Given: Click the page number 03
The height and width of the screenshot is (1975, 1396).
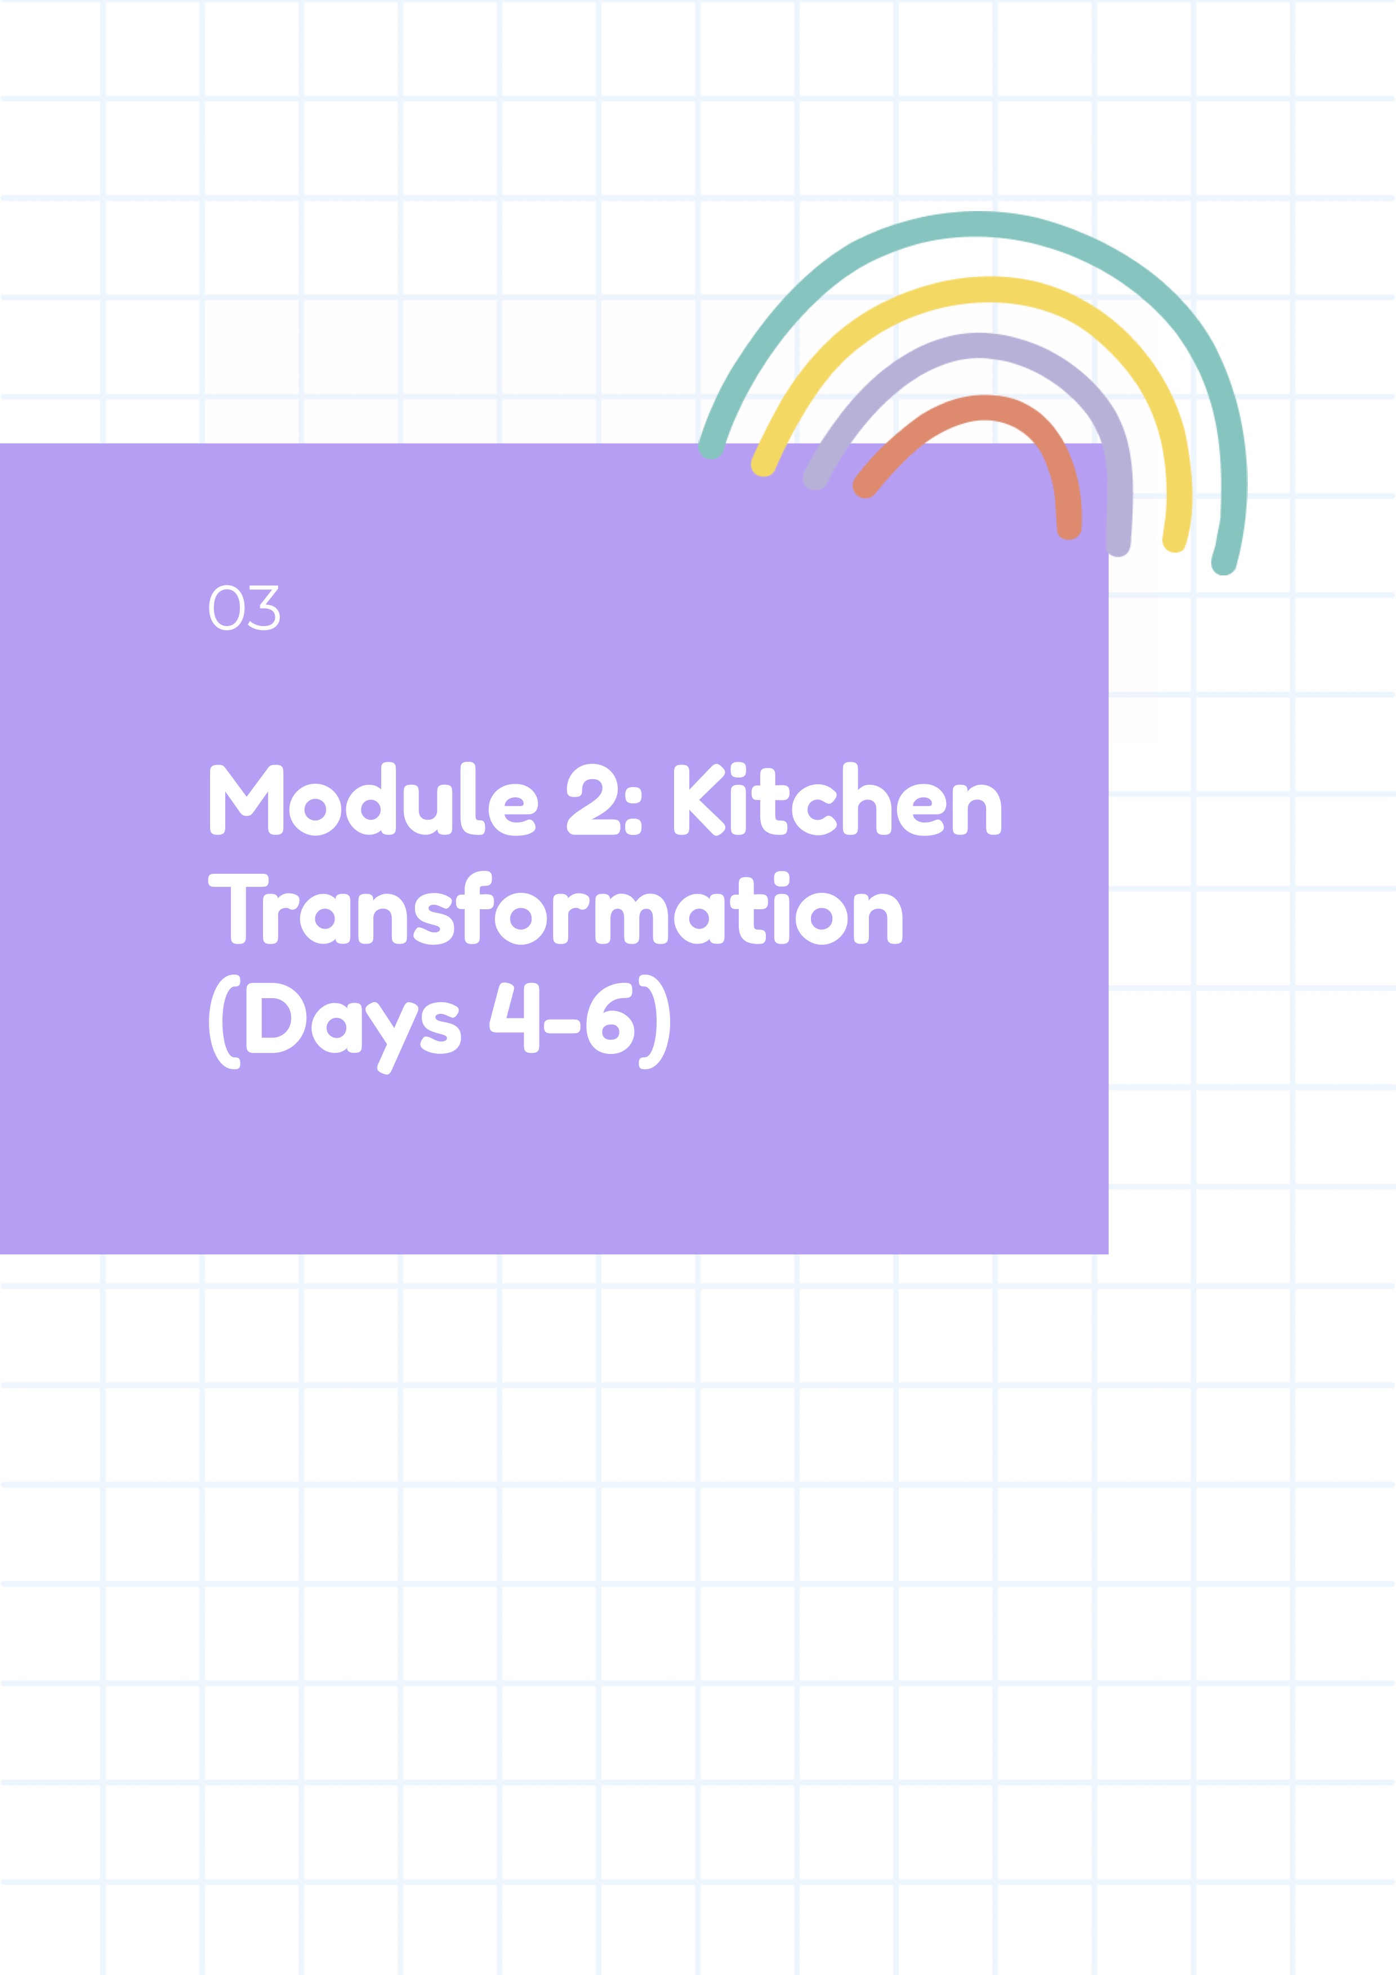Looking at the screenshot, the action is point(244,608).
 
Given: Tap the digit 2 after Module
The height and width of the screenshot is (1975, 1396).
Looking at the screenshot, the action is point(592,799).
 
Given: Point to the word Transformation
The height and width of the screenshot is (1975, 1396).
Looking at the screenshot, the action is point(556,908).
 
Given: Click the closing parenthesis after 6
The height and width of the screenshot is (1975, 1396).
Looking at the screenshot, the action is point(654,1022).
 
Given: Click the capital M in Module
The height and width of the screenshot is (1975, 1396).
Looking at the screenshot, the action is point(247,799).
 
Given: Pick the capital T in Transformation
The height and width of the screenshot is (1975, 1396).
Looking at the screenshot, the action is point(238,909).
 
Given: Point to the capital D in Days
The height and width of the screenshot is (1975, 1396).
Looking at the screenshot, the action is point(276,1017).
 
